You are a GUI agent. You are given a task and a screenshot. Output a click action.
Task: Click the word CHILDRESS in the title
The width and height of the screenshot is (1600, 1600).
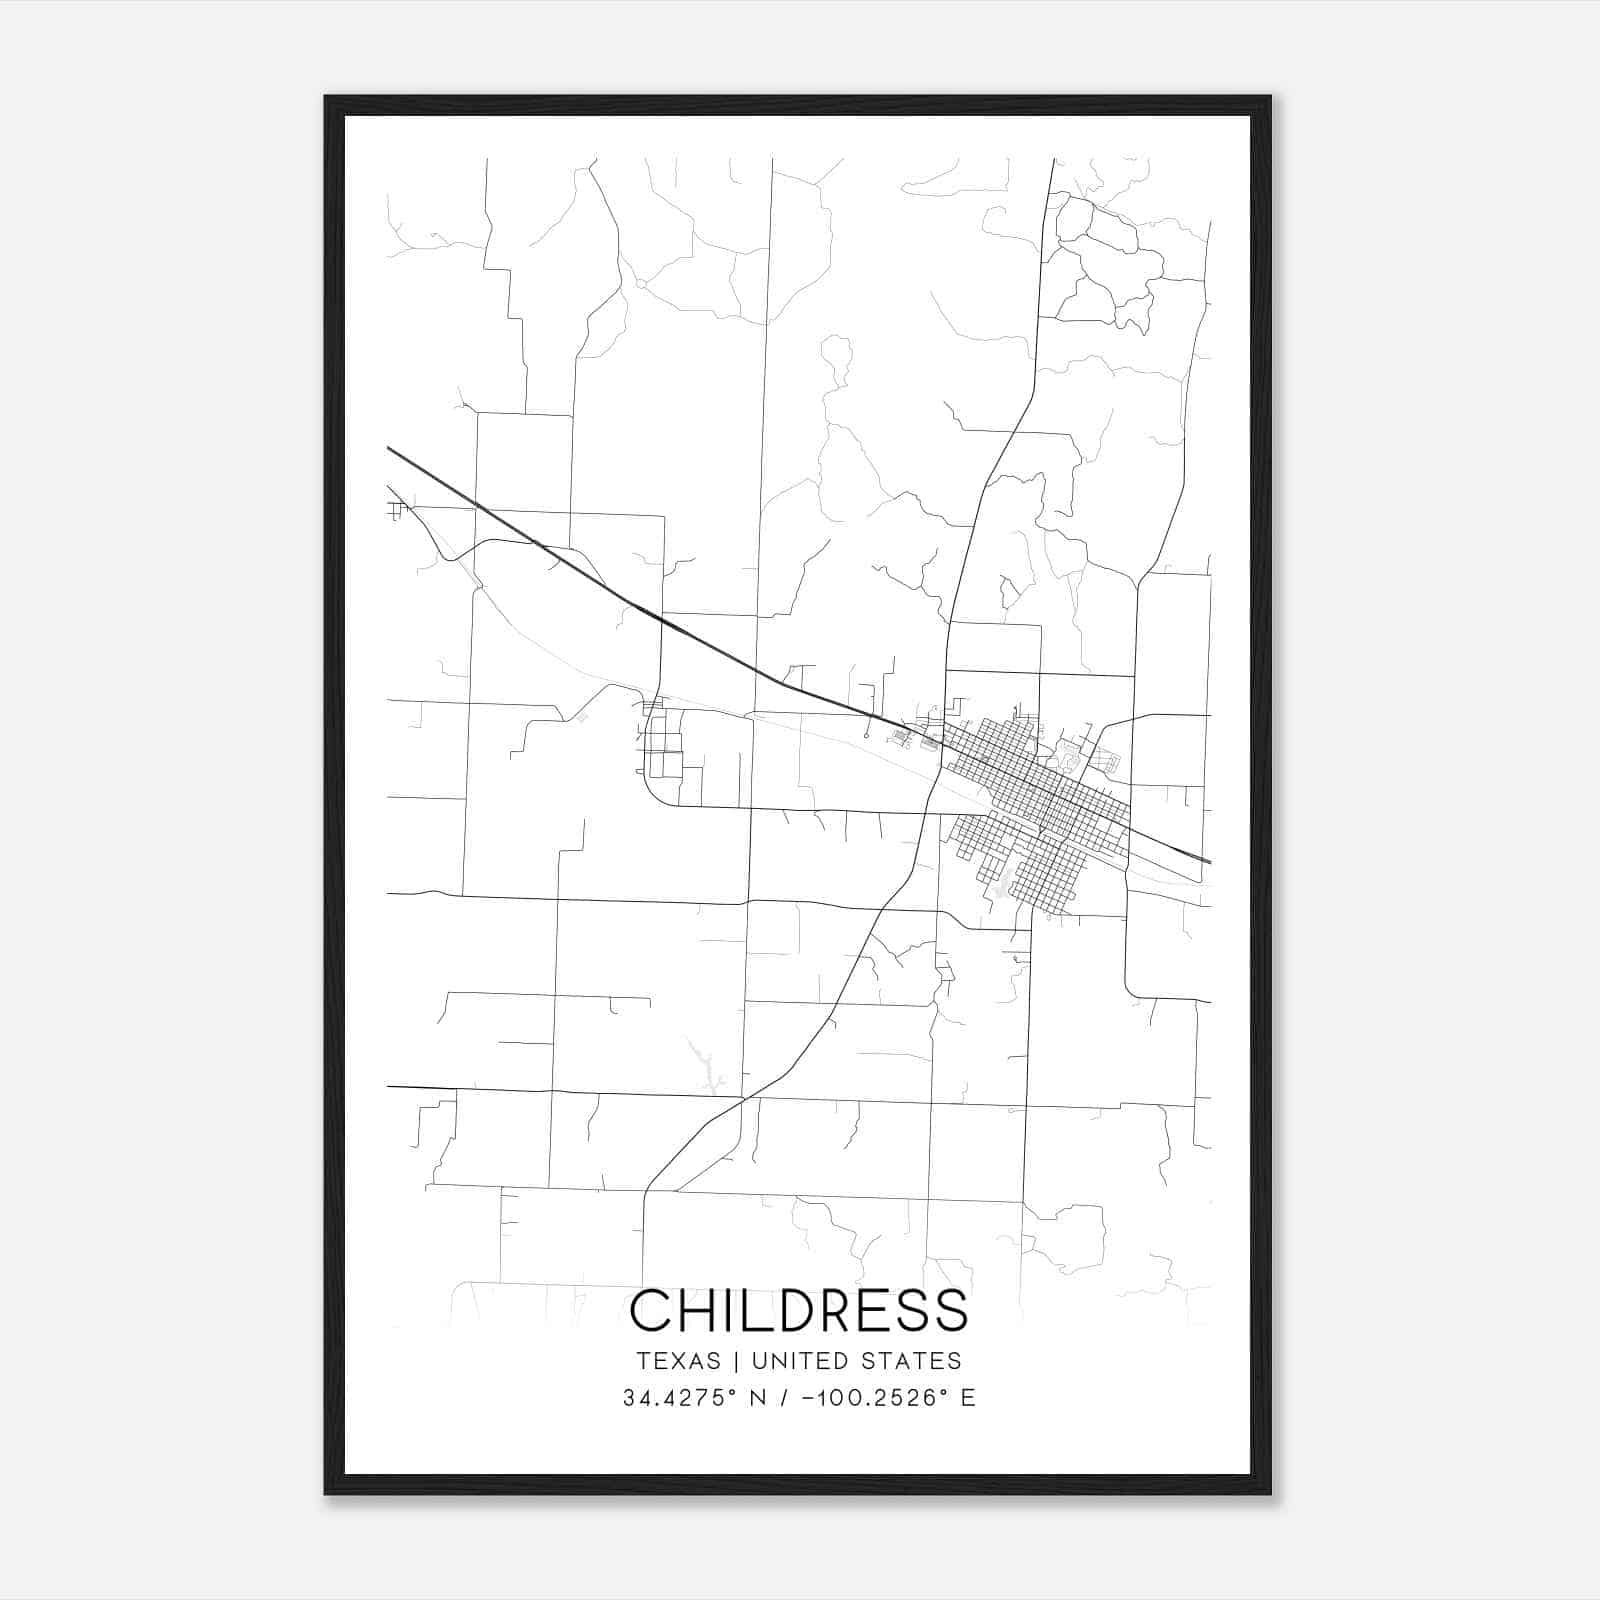tap(799, 1310)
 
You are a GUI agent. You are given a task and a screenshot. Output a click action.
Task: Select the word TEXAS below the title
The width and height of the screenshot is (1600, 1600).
tap(678, 1361)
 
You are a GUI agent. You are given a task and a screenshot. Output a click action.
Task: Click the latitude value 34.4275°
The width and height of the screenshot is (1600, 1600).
tap(679, 1398)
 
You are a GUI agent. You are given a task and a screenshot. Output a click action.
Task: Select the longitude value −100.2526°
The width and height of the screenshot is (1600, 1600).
tap(877, 1398)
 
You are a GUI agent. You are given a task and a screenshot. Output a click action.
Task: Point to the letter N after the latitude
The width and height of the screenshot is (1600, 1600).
tap(758, 1398)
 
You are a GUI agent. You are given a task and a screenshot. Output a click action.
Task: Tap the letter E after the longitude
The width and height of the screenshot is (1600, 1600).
tap(967, 1398)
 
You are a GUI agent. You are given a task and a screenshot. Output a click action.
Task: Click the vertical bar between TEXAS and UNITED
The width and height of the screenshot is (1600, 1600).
tap(736, 1361)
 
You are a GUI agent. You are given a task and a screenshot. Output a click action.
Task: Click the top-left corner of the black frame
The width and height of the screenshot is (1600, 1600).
tap(327, 98)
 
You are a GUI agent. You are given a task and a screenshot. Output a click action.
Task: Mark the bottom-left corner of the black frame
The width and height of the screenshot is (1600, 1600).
tap(327, 1492)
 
